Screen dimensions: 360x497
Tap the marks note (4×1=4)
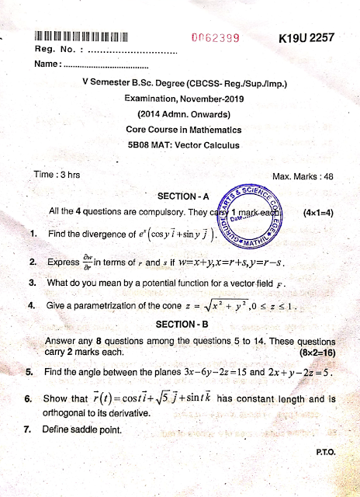[319, 211]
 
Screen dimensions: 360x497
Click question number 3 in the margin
[31, 283]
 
